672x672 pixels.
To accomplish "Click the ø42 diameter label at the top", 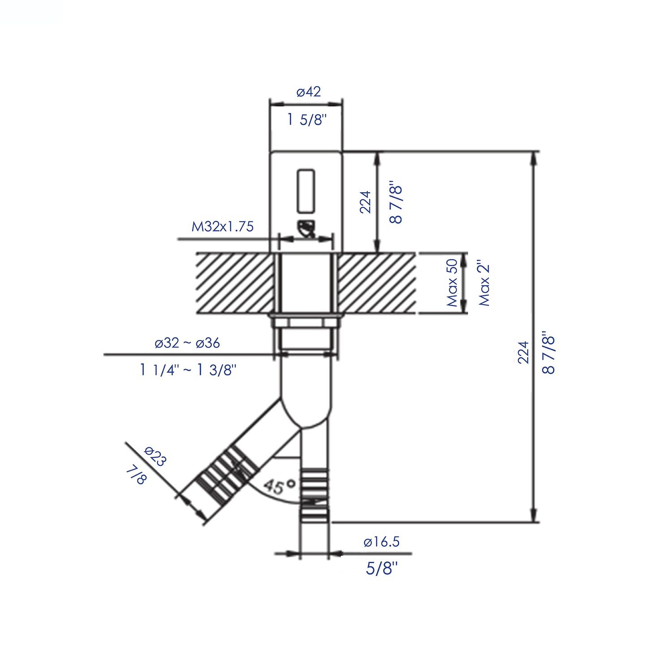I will point(309,92).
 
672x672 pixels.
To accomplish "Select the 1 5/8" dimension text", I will point(307,120).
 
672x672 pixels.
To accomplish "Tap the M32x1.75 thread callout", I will point(222,227).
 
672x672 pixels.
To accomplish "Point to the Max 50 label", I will point(452,283).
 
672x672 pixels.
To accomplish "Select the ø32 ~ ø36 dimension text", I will point(187,343).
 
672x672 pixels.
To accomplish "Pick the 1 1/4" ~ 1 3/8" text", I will point(188,370).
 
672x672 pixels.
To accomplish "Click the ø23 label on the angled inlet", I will point(155,456).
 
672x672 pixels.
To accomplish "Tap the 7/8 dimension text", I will point(136,475).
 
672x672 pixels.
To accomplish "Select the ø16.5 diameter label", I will point(381,542).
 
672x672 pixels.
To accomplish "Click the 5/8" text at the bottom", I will point(382,568).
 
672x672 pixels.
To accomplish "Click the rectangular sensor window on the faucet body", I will point(306,190).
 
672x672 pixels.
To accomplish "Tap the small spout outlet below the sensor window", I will point(306,229).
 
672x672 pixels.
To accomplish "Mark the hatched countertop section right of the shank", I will point(376,283).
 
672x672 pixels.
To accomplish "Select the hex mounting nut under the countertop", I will point(306,322).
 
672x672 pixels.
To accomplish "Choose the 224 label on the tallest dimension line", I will point(523,352).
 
